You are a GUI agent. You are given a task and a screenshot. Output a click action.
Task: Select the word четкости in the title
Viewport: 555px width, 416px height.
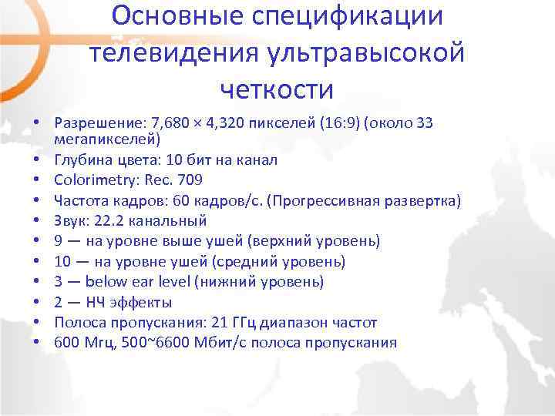(277, 90)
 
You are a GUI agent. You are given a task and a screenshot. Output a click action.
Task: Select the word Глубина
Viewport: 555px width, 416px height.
(83, 160)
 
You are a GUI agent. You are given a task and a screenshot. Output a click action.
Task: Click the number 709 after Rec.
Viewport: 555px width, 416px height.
(190, 180)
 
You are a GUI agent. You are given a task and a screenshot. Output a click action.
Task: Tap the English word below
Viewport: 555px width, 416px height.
(106, 282)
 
